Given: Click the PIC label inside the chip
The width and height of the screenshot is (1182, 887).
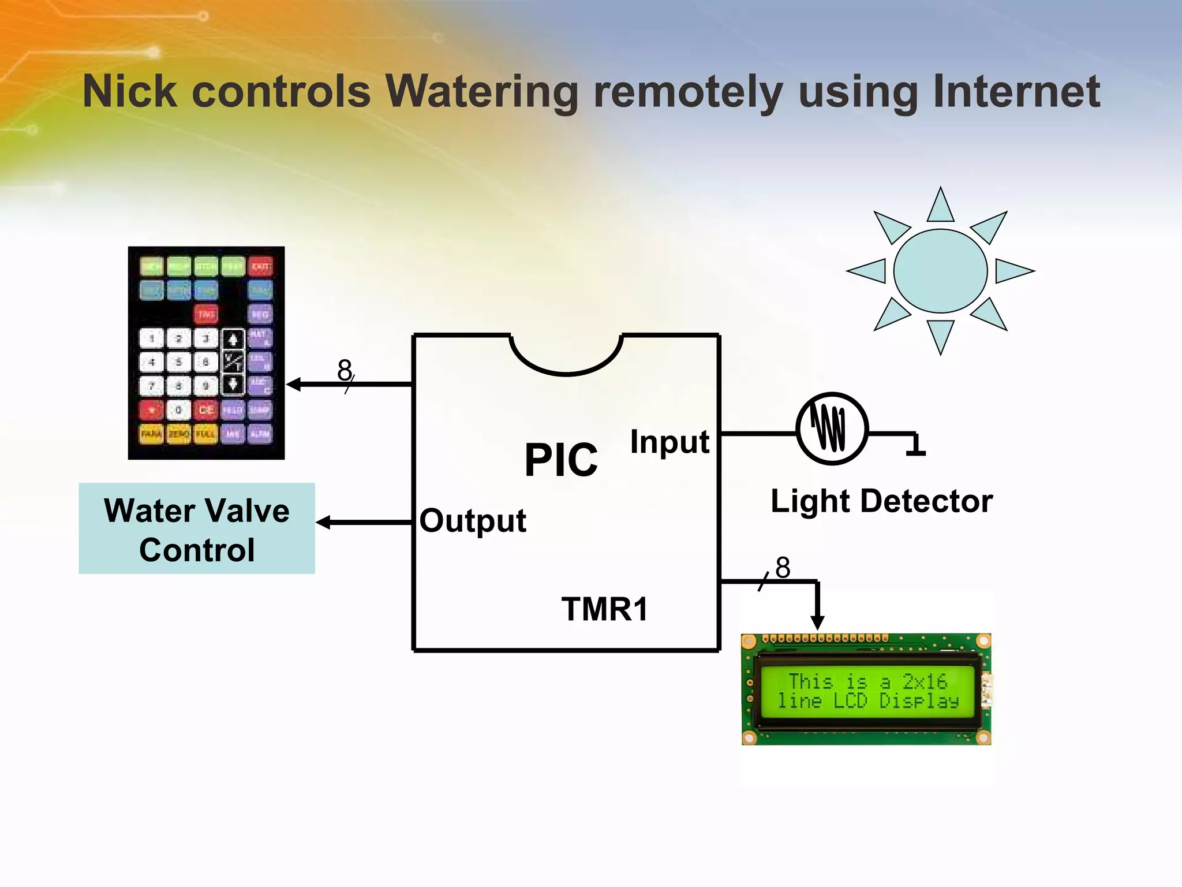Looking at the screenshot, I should click(x=561, y=460).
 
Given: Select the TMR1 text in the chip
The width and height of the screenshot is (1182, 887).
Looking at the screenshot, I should click(x=605, y=609).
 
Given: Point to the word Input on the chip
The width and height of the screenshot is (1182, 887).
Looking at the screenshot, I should click(x=669, y=442).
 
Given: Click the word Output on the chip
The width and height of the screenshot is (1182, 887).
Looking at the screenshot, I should click(x=473, y=521).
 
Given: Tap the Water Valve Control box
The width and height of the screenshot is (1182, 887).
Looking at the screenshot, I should click(x=197, y=529).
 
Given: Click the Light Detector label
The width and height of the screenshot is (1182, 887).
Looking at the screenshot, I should click(x=881, y=501).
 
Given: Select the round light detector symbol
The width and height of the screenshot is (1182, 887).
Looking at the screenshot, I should click(x=832, y=428).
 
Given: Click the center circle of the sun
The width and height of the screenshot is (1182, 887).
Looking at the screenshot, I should click(x=940, y=271).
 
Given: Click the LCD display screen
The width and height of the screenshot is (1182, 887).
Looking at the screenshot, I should click(x=867, y=691).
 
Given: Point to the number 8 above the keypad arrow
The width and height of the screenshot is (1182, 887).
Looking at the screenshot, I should click(x=345, y=370).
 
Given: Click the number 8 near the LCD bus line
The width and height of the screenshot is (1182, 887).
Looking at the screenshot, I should click(x=783, y=568).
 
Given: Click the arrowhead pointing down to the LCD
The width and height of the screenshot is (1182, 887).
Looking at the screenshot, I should click(x=817, y=622).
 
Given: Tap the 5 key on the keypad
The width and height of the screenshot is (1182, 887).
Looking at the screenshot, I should click(x=179, y=363).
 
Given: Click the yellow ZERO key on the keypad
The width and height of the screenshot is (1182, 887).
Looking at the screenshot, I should click(x=179, y=434).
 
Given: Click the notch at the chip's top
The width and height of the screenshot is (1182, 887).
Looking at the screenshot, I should click(x=566, y=355).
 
